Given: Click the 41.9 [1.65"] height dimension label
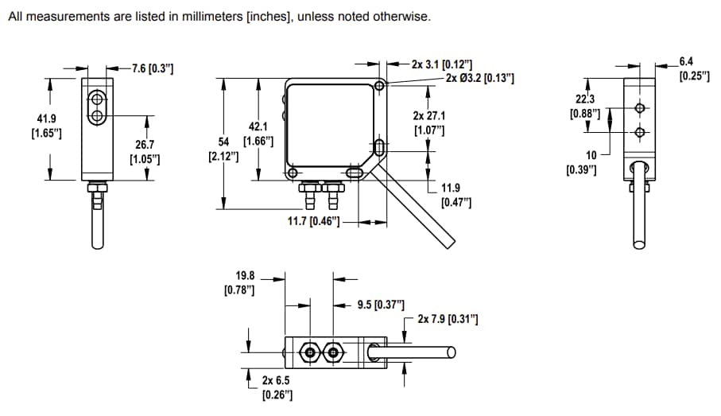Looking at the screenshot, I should pos(46,126).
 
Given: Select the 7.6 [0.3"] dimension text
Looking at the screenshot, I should pos(153,69).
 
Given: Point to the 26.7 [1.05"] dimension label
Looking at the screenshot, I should pos(145,152).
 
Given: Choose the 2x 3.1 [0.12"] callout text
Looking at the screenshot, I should pos(442,64).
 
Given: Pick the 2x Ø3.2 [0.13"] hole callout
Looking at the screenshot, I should pos(480,78).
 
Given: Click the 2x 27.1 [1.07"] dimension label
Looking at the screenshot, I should pos(429,122).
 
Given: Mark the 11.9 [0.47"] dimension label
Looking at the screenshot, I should pos(455,196).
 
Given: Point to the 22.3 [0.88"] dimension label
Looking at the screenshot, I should pos(586,107).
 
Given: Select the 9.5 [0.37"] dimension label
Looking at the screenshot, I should pos(381,305).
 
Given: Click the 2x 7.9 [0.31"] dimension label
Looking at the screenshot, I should pos(448,320).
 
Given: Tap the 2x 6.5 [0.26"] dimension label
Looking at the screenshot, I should pos(277,387).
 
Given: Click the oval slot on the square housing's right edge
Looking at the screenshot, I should pos(379,147).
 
